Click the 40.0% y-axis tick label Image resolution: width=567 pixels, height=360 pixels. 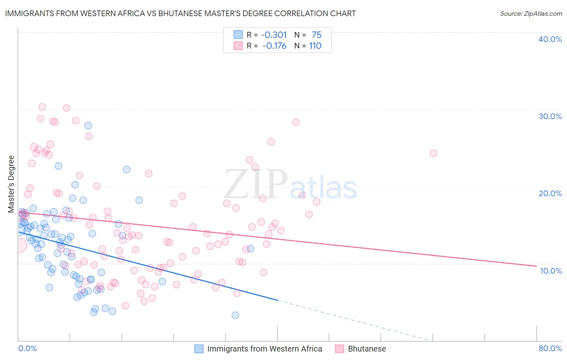550,39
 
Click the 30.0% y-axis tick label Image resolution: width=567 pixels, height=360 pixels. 550,116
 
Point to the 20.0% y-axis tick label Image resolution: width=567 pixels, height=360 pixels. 550,193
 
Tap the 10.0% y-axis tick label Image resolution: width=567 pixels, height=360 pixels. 550,270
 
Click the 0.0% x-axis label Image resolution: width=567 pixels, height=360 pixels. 27,348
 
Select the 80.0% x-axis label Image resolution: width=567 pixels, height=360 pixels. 550,348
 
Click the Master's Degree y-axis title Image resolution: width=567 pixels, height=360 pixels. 11,184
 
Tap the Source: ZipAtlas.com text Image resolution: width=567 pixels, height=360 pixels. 531,13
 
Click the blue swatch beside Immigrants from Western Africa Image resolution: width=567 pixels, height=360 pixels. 199,349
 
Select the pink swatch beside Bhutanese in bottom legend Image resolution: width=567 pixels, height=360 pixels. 340,349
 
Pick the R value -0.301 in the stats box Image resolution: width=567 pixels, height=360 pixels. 274,35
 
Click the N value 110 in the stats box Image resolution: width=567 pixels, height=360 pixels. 315,46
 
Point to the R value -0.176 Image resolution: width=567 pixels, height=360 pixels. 274,46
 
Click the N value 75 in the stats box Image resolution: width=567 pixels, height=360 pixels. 317,35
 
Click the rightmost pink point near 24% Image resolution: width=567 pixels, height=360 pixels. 434,153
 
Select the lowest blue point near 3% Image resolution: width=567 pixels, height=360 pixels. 236,315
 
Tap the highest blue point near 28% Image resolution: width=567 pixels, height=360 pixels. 88,126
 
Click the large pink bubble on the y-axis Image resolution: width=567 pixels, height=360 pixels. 19,245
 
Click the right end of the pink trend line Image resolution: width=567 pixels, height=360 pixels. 536,266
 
